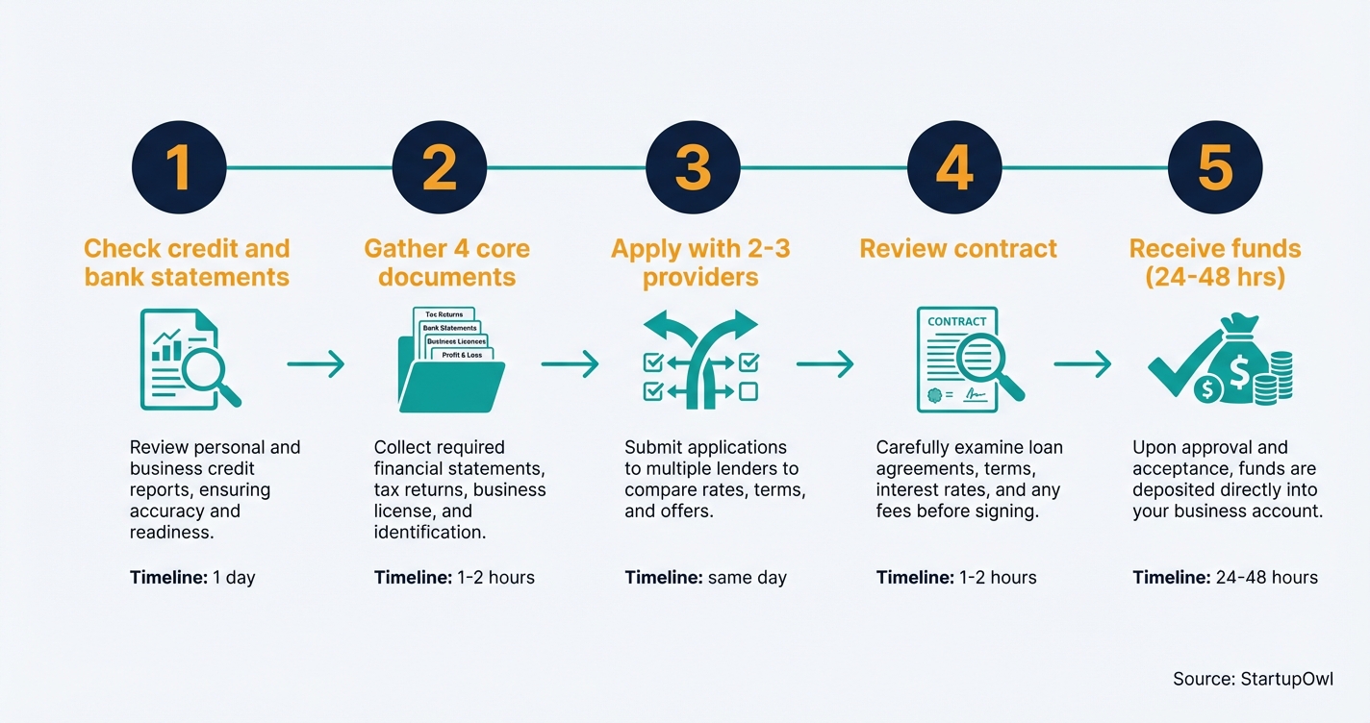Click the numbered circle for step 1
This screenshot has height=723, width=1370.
178,168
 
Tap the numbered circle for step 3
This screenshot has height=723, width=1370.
693,168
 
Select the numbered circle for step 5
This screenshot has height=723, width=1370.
1215,168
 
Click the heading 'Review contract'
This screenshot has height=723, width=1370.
958,248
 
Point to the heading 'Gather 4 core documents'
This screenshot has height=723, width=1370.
446,262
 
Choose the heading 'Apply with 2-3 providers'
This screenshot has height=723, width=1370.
700,262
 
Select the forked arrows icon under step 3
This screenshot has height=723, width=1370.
700,361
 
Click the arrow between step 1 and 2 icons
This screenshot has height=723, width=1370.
316,363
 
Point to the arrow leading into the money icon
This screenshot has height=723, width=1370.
1082,363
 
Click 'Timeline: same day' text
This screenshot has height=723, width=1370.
705,578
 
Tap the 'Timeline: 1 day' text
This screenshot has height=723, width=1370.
192,578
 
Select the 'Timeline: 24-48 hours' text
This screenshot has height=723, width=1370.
1225,578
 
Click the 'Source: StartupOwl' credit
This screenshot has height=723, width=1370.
1253,679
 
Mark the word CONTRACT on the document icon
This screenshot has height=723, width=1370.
956,321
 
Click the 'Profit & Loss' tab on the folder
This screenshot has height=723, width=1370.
462,355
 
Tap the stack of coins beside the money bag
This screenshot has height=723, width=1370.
1280,378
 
